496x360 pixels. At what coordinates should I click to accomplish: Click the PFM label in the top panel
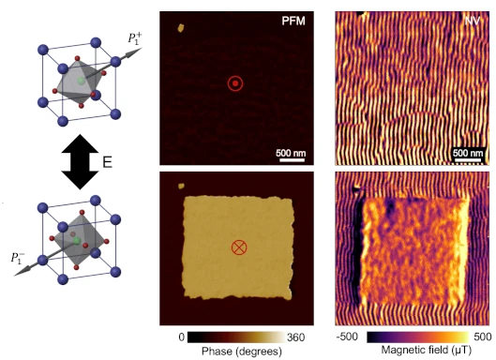293,21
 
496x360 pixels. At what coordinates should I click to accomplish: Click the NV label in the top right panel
473,21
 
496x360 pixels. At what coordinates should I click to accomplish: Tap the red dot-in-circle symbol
235,83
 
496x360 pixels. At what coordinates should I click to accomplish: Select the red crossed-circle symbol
239,247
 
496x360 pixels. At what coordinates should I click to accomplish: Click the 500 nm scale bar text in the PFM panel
291,153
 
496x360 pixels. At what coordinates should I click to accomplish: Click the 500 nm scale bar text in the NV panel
468,153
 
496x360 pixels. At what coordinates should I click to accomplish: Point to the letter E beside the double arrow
108,162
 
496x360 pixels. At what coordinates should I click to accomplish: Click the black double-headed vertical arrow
80,162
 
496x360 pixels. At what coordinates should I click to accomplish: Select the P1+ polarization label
135,37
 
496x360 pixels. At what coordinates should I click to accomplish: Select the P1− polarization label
18,258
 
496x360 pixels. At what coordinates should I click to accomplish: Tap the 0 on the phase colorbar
181,337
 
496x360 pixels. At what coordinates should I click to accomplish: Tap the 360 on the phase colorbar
295,337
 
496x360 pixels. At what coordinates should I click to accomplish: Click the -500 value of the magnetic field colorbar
347,337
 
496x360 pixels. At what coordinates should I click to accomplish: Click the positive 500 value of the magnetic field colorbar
483,337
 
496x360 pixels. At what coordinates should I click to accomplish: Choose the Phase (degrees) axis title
242,352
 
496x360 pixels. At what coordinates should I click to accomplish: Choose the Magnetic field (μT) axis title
426,350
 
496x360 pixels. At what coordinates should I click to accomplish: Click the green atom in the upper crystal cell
82,81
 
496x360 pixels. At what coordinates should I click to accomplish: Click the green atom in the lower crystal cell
76,241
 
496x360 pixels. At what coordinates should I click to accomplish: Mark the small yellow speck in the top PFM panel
181,28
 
